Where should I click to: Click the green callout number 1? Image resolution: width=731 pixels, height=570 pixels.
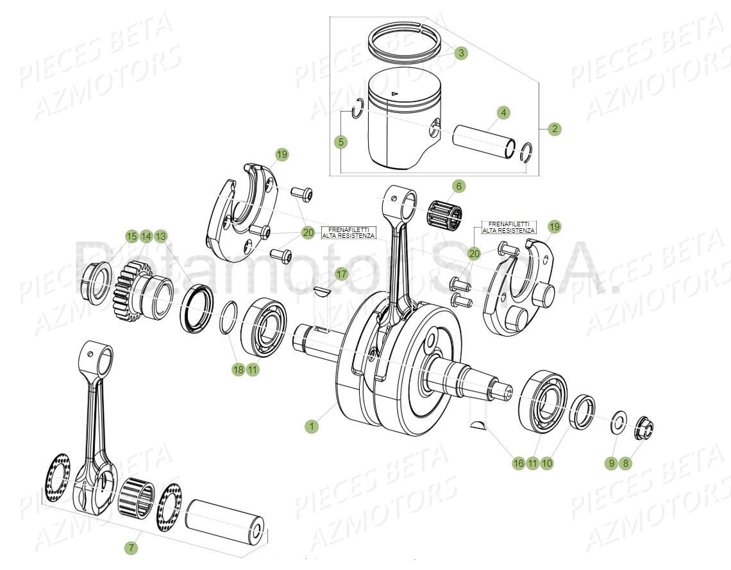click(x=311, y=426)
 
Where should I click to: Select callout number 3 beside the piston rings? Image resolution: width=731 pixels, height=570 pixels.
click(x=461, y=53)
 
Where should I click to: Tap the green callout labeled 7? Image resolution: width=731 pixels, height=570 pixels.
click(x=131, y=548)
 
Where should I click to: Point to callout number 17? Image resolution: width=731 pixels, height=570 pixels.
click(x=341, y=274)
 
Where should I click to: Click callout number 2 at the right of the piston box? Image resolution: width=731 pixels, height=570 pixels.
click(x=555, y=129)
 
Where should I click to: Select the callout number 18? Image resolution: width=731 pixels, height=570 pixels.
click(x=238, y=369)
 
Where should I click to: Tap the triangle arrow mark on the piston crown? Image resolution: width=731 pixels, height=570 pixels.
click(x=395, y=94)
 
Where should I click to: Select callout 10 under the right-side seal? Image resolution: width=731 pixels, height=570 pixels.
click(x=546, y=462)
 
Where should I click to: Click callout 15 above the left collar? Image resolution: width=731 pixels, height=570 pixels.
click(x=131, y=237)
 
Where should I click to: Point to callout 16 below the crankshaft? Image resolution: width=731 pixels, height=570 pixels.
click(x=518, y=462)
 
